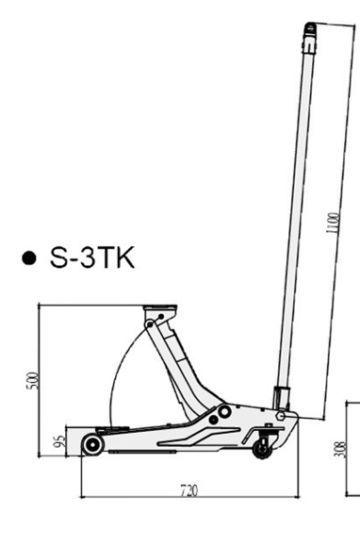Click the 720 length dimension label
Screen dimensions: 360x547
(x=189, y=490)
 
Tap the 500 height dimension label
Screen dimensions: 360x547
(x=32, y=381)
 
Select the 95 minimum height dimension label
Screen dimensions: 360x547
(x=60, y=441)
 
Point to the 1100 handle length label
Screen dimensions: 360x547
(x=333, y=223)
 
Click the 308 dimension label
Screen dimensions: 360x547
(x=340, y=450)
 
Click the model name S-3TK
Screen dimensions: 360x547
(x=92, y=257)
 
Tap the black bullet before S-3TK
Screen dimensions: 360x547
(x=29, y=258)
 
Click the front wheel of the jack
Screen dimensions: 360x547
(x=92, y=445)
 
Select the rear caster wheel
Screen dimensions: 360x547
(x=262, y=449)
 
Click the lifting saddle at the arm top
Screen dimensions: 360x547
(x=160, y=309)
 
